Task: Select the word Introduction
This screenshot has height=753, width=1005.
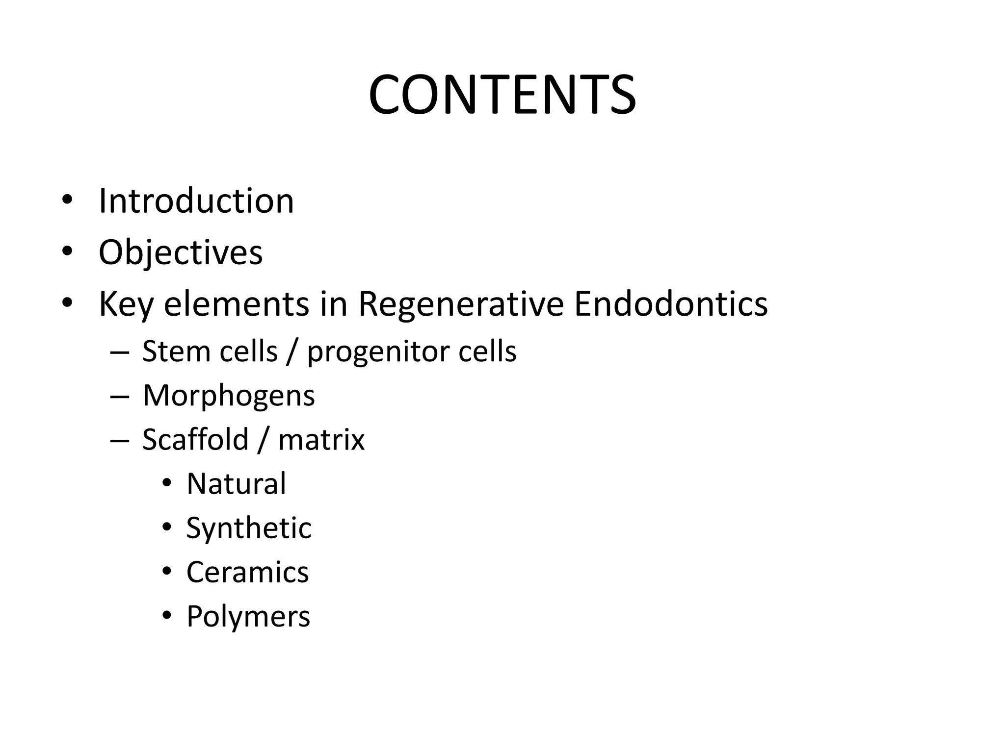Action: pos(196,201)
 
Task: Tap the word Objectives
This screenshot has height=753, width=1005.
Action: pos(181,252)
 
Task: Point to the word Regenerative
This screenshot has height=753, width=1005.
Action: pos(461,304)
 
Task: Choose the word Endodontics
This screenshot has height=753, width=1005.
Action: pos(670,303)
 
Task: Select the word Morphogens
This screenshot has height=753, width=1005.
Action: pos(229,396)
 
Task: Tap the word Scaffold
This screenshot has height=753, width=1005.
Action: pos(195,439)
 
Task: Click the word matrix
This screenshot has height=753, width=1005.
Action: pos(321,439)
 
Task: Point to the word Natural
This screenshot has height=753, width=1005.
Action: pos(236,483)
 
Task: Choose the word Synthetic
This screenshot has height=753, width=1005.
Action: pos(249,528)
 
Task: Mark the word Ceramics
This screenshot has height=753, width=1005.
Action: pos(247,572)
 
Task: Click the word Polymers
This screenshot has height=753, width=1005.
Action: pos(248,616)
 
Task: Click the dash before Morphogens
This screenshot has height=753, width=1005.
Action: pos(120,396)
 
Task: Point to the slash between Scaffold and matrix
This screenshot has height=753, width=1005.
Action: pos(263,439)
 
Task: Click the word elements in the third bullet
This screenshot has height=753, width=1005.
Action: pos(237,304)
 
